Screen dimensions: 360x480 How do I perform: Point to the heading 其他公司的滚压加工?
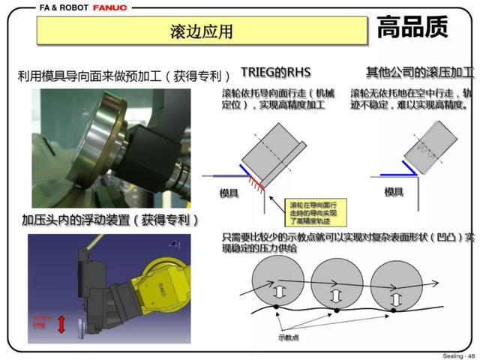click(419, 72)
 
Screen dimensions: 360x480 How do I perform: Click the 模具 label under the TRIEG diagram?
click(229, 193)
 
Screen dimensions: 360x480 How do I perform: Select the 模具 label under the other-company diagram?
click(394, 192)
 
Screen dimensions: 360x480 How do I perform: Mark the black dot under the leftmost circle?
click(275, 307)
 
